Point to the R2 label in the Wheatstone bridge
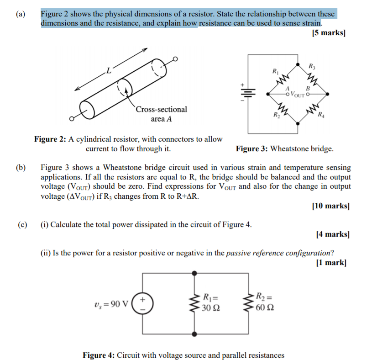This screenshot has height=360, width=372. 277,115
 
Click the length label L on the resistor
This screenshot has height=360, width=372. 108,71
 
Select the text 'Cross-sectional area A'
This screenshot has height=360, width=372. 161,114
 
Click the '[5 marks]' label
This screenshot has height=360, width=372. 328,33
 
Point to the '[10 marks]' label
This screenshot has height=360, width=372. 330,206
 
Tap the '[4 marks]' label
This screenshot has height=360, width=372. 332,234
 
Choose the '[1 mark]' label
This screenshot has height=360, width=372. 331,262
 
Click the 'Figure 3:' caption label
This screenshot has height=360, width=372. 252,148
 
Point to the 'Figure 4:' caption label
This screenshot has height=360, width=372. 99,355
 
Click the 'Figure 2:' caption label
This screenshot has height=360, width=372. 50,139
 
